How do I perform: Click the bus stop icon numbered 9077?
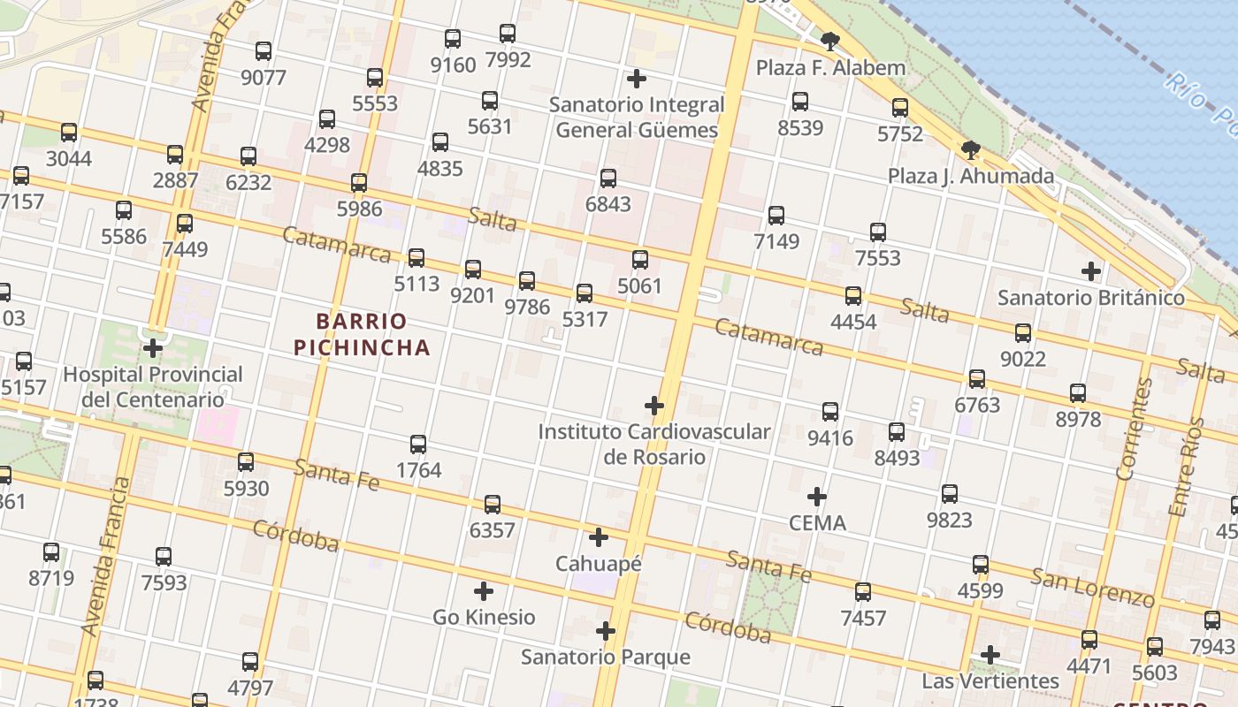[x=264, y=51]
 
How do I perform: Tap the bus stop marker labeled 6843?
[x=608, y=179]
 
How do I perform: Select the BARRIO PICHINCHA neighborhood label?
[x=362, y=334]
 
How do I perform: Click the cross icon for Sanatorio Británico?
[x=1091, y=271]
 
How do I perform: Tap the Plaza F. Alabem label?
[x=830, y=68]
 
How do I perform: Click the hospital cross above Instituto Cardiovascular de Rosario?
[x=654, y=406]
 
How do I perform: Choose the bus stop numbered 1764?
[x=418, y=445]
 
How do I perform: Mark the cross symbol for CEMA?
[x=817, y=497]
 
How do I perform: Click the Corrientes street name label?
[x=1134, y=429]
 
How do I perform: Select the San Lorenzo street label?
[x=1093, y=589]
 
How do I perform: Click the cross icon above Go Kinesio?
[x=484, y=591]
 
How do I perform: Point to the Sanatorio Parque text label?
[x=606, y=658]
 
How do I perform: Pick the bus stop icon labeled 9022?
[x=1023, y=333]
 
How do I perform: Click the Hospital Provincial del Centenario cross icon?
[x=153, y=348]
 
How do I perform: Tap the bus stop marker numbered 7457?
[x=863, y=592]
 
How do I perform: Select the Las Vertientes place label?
[x=990, y=681]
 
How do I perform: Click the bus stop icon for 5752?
[x=900, y=108]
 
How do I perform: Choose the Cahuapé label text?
[x=599, y=563]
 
